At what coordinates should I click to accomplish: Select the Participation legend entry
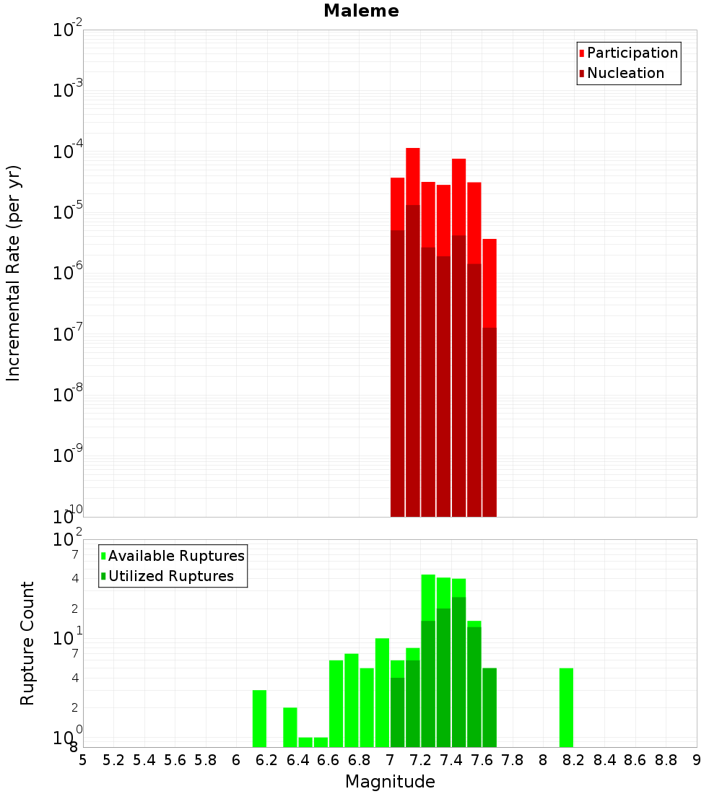coord(632,53)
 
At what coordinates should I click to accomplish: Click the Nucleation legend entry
coord(625,73)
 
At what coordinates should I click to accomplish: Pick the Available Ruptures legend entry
coord(175,556)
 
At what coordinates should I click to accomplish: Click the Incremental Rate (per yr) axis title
coord(14,273)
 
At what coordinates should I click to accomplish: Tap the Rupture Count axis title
coord(27,642)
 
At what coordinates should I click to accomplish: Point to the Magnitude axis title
coord(390,782)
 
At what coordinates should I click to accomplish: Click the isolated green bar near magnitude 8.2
coord(566,707)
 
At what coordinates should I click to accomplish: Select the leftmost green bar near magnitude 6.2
coord(259,718)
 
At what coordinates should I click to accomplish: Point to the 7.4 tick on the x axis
coord(451,760)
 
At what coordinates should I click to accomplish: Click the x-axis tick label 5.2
coord(113,760)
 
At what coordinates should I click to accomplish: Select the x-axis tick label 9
coord(697,760)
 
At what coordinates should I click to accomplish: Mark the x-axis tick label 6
coord(236,760)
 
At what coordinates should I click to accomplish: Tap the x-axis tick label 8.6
coord(635,760)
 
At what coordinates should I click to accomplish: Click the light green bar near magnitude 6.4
coord(305,742)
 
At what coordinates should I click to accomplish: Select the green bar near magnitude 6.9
coord(382,692)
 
